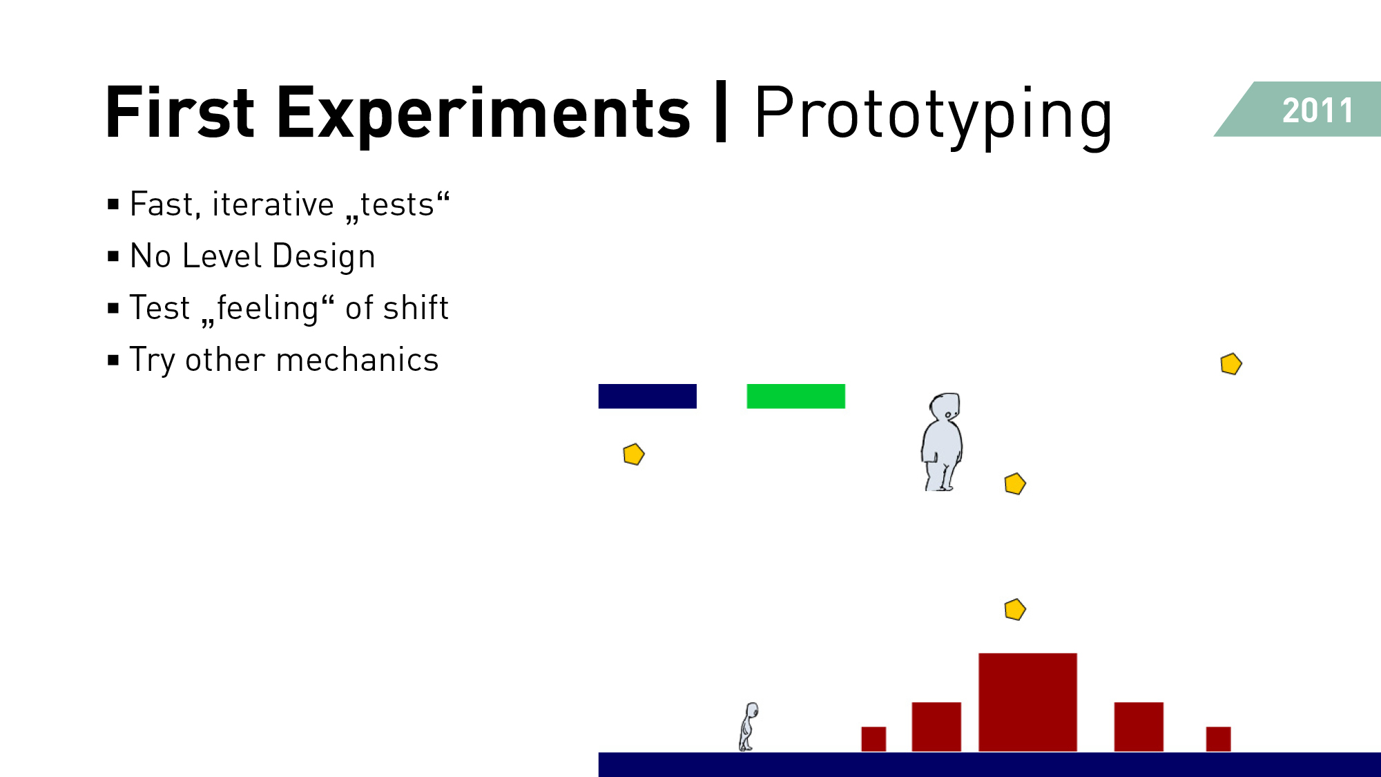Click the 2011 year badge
point(1305,109)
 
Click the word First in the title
point(180,111)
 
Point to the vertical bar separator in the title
point(722,111)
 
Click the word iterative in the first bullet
point(273,204)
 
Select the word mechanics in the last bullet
point(357,360)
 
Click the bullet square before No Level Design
point(113,257)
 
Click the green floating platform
point(795,396)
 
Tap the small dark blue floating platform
point(647,396)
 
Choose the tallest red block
point(1027,702)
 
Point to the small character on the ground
point(749,727)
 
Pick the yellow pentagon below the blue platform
point(633,454)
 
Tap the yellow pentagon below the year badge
point(1230,364)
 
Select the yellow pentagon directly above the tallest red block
point(1014,610)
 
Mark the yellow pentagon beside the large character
point(1014,484)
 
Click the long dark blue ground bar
point(989,765)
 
